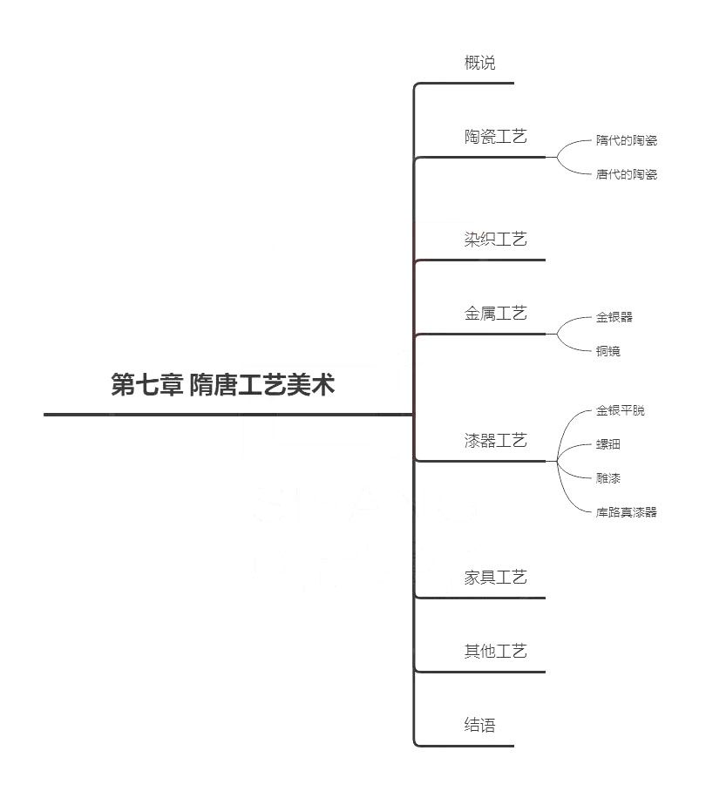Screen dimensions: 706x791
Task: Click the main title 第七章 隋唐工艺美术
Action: coord(222,384)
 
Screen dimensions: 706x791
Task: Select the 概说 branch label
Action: coord(479,63)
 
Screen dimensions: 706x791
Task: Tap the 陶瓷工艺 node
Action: coord(496,136)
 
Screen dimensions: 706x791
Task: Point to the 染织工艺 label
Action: coord(496,239)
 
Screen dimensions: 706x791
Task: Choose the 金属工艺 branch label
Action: coord(496,314)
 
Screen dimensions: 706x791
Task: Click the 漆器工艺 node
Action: coord(496,441)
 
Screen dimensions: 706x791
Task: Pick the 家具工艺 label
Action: coord(496,577)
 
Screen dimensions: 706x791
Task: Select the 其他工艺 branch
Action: coord(496,652)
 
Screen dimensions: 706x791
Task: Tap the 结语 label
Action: coord(479,725)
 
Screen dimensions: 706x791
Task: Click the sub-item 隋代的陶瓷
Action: coord(627,140)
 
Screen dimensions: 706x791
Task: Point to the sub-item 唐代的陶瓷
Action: coord(627,174)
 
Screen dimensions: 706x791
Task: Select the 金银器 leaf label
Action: coord(614,317)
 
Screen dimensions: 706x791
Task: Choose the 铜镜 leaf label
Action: coord(608,350)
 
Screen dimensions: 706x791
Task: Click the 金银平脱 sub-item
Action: coord(621,410)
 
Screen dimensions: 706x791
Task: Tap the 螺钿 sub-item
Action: coord(608,444)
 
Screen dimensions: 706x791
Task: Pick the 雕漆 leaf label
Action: coord(608,477)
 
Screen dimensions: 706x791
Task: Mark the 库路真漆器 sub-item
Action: coord(627,512)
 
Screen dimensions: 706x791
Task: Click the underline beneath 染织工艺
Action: coord(480,260)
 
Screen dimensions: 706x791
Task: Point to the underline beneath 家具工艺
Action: coord(480,598)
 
